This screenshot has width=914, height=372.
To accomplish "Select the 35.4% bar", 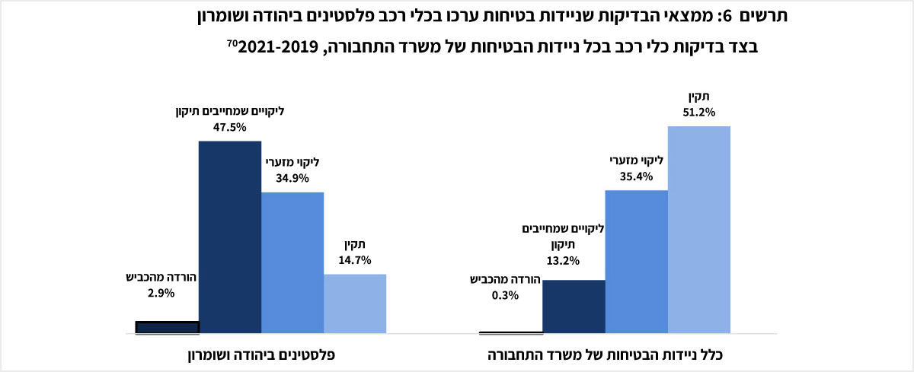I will click(x=636, y=262).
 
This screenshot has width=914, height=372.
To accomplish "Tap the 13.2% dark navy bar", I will click(x=574, y=307).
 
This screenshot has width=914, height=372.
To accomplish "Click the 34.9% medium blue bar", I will click(x=292, y=262).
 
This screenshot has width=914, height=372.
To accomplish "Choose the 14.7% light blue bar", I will click(x=355, y=304).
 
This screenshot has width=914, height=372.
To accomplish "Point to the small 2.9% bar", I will click(x=167, y=327).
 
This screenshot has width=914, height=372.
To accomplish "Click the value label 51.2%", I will click(x=698, y=112).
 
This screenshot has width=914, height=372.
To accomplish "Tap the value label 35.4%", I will click(x=636, y=176).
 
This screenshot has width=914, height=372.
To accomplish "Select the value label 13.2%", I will click(x=563, y=260).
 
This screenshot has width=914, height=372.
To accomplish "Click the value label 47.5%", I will click(x=229, y=127).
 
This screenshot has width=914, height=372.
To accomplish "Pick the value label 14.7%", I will click(x=354, y=259).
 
